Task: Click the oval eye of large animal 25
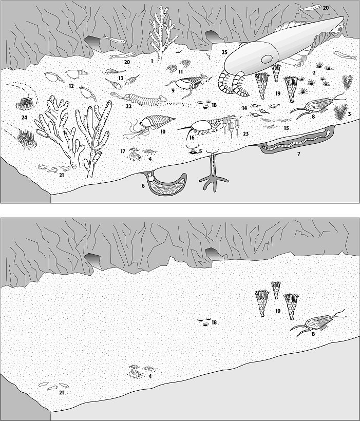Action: (x=267, y=59)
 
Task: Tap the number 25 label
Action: (x=224, y=52)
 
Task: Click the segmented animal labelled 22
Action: (x=137, y=98)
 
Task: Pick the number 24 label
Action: (x=25, y=118)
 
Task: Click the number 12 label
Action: (x=71, y=86)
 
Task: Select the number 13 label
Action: (x=121, y=78)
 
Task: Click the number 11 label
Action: (x=180, y=72)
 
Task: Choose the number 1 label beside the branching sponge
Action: (x=152, y=62)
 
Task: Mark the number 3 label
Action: (x=349, y=114)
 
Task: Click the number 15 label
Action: (x=287, y=128)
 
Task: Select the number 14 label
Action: (x=244, y=108)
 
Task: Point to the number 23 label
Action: (x=245, y=133)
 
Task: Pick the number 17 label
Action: (x=123, y=151)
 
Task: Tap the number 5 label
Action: (x=200, y=151)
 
